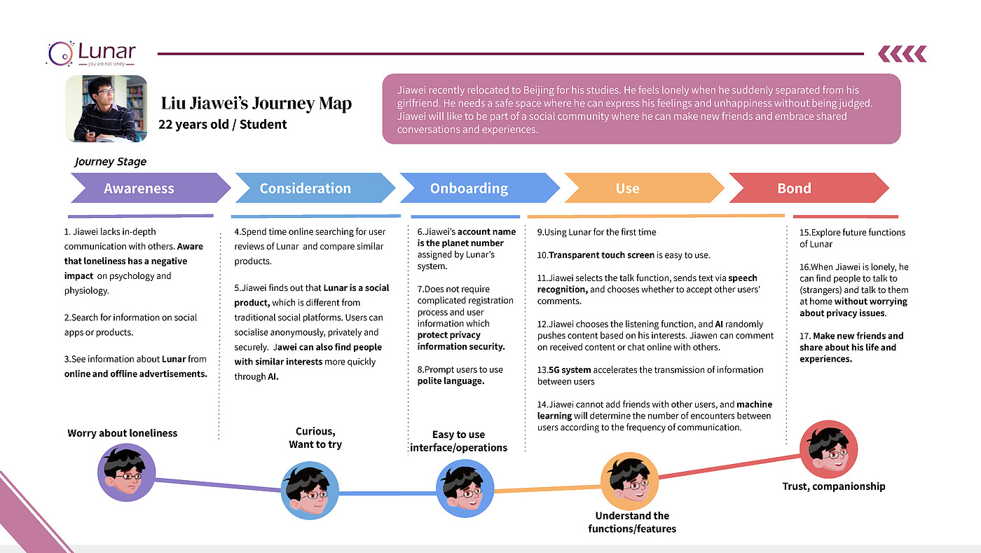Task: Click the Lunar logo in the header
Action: pyautogui.click(x=91, y=53)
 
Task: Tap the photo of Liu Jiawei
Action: pyautogui.click(x=106, y=109)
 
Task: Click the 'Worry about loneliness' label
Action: pyautogui.click(x=123, y=433)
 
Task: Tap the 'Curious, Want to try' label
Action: pyautogui.click(x=315, y=438)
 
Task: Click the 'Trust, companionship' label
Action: pyautogui.click(x=833, y=486)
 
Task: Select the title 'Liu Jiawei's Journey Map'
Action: pyautogui.click(x=256, y=104)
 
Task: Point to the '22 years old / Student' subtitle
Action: pyautogui.click(x=223, y=124)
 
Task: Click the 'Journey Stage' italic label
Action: pyautogui.click(x=111, y=161)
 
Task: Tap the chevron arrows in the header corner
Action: pyautogui.click(x=902, y=53)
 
